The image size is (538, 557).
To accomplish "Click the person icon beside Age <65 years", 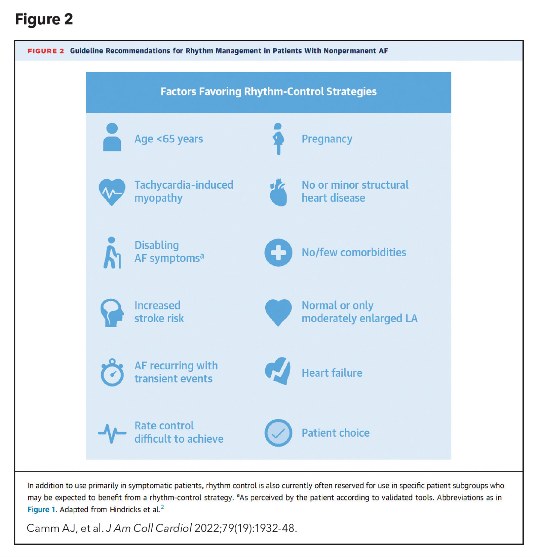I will tap(112, 137).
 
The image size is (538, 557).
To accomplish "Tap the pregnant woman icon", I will tap(278, 139).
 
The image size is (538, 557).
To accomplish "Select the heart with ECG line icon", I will tap(112, 191).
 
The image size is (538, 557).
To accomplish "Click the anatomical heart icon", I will tap(278, 192).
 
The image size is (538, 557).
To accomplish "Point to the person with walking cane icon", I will tap(112, 253).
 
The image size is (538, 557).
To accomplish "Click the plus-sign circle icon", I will tap(278, 253).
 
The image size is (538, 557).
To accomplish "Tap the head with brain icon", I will tap(112, 312).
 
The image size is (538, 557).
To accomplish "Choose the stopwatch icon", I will tap(112, 373).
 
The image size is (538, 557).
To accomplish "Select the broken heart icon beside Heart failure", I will tap(278, 371).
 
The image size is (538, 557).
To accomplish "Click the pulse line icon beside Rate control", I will tap(112, 433).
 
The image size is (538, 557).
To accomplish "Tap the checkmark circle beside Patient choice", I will tap(278, 433).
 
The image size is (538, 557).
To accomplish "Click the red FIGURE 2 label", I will tap(46, 51).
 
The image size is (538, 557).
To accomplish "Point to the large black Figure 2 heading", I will tap(44, 19).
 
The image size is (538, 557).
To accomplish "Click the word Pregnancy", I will tap(327, 139).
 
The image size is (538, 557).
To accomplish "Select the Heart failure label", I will tap(332, 373).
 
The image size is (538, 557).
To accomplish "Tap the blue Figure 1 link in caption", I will tap(41, 510).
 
